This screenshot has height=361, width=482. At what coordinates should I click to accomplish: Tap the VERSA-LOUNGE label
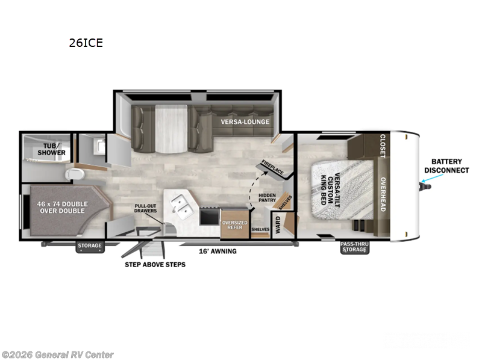coord(245,122)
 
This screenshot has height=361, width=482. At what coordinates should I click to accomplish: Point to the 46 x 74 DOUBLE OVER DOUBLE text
coord(63,208)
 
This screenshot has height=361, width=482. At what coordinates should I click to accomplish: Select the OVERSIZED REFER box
coord(234,224)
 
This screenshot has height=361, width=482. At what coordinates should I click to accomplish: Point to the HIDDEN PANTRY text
coord(268,200)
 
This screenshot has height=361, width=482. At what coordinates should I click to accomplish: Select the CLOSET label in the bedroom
coord(382,146)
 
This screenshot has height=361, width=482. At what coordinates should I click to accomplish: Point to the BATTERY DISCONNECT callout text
coord(446,165)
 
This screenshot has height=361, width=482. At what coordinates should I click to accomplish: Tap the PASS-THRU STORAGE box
coord(355,247)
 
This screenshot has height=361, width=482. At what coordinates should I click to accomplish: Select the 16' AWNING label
coord(218,251)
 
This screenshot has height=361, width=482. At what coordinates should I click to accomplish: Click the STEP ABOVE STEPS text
coord(155,264)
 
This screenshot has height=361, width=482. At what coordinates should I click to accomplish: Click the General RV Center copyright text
coord(57,355)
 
